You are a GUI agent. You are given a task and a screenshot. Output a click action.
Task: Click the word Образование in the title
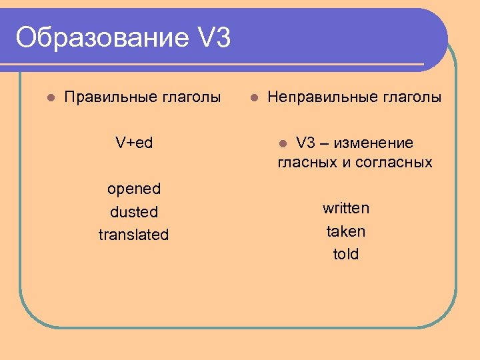click(102, 38)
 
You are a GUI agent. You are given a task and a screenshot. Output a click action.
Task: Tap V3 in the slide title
click(214, 38)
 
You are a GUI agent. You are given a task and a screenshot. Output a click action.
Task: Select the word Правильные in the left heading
click(110, 97)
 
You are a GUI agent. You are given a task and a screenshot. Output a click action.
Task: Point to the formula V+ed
click(134, 143)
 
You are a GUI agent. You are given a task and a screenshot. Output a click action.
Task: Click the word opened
click(134, 189)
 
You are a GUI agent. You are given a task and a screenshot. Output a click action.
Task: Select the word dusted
click(134, 212)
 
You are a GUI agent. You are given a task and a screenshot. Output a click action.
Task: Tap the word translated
click(134, 235)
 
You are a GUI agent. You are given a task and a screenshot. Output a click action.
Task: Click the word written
click(346, 208)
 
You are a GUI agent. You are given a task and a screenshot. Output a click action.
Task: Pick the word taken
click(346, 231)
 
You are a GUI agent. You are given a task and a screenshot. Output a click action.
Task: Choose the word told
click(346, 254)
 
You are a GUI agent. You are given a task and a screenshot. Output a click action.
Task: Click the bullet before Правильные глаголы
click(50, 98)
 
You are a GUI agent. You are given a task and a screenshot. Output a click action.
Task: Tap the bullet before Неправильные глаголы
click(253, 98)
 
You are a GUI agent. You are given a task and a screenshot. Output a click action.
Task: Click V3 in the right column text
click(305, 143)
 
